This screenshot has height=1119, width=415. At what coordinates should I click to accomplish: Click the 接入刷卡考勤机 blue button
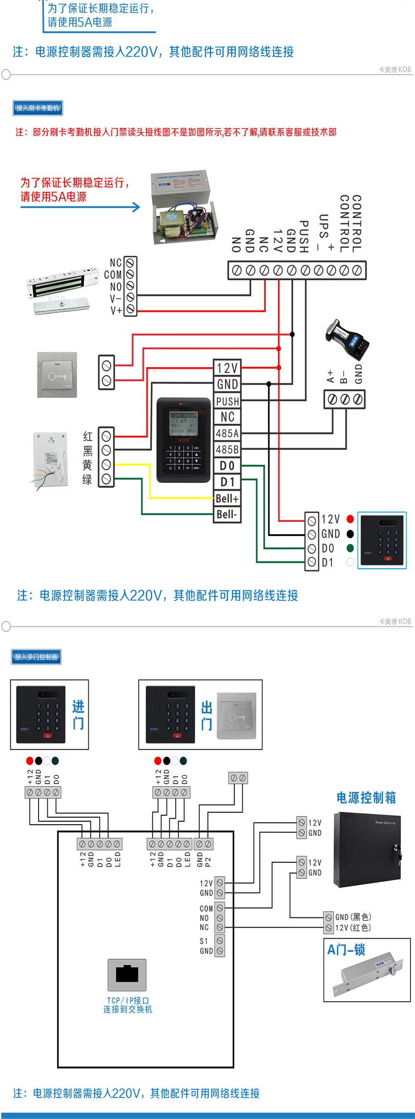click(x=38, y=108)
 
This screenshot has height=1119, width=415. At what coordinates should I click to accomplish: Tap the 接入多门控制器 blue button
click(x=36, y=657)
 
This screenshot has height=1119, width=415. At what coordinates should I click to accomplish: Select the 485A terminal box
click(x=228, y=433)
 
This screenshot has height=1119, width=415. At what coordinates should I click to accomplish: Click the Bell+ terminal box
click(x=228, y=498)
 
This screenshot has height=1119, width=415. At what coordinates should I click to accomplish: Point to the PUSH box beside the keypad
click(x=228, y=401)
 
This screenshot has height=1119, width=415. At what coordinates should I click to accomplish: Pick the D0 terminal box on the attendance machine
click(x=228, y=466)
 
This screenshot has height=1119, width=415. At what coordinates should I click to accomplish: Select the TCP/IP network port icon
click(x=127, y=974)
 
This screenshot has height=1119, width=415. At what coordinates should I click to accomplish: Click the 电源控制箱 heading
click(x=366, y=797)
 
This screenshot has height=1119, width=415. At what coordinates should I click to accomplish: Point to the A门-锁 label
click(x=346, y=950)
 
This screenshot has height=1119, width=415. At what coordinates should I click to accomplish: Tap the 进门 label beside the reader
click(x=78, y=715)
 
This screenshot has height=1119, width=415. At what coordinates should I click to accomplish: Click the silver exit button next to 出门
click(x=236, y=716)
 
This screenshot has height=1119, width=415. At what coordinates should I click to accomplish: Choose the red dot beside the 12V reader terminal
click(x=350, y=519)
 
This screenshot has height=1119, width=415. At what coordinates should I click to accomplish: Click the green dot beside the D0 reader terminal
click(x=350, y=548)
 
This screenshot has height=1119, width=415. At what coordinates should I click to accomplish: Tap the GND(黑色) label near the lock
click(x=353, y=917)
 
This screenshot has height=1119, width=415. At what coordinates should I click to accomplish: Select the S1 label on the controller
click(x=204, y=941)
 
